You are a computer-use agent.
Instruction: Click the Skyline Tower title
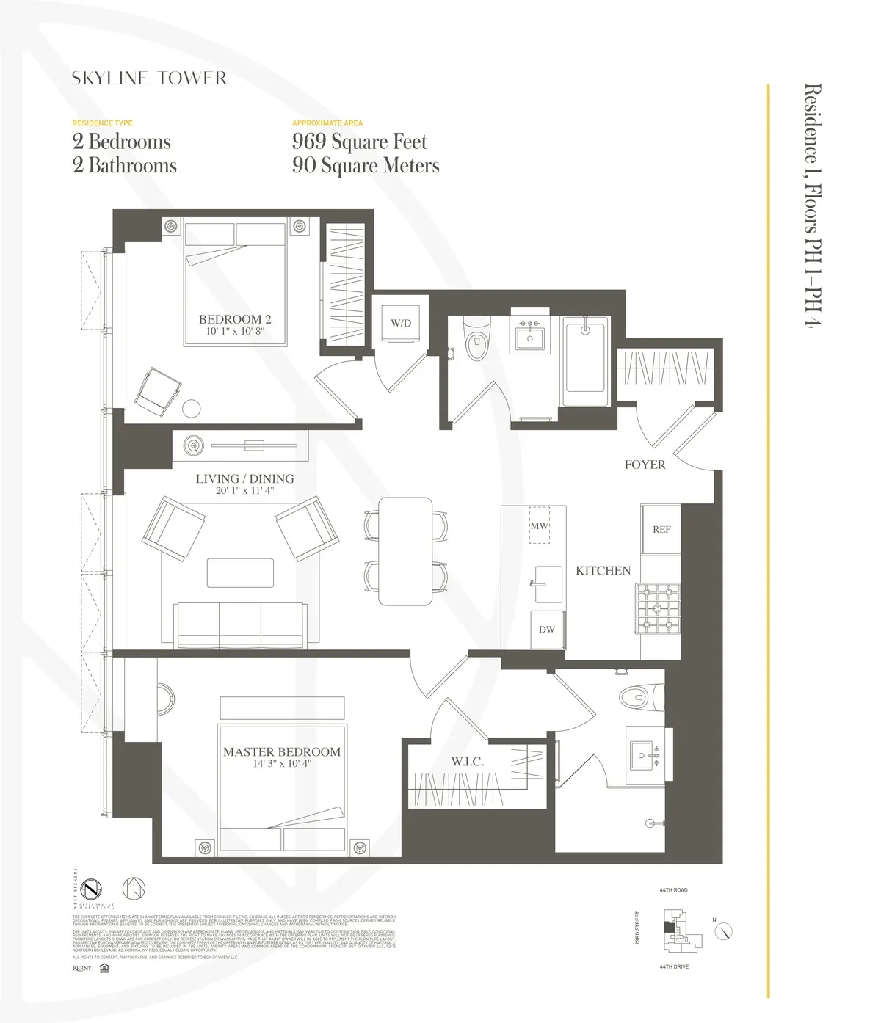click(149, 79)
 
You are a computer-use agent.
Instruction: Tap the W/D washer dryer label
click(401, 323)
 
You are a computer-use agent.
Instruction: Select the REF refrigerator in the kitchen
click(661, 529)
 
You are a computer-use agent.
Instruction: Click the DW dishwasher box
click(547, 630)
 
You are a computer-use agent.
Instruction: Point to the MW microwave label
click(540, 525)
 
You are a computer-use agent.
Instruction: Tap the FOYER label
click(645, 465)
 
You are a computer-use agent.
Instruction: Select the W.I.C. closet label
click(468, 762)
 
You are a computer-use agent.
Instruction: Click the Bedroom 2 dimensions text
click(235, 332)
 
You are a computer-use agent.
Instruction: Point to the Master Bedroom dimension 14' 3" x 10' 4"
click(282, 764)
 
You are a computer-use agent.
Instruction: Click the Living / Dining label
click(244, 478)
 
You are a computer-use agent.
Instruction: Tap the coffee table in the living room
click(240, 572)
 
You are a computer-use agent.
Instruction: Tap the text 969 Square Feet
click(359, 142)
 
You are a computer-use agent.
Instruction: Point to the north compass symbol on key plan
click(725, 931)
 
